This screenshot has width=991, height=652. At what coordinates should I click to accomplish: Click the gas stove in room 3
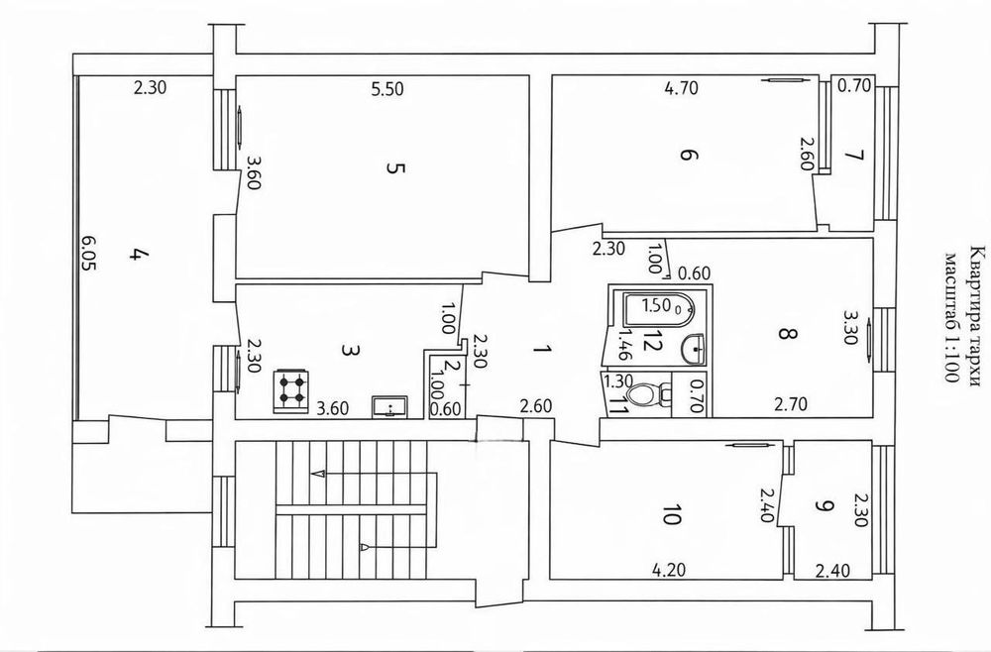pyautogui.click(x=291, y=391)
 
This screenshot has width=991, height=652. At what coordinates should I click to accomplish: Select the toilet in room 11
pyautogui.click(x=650, y=395)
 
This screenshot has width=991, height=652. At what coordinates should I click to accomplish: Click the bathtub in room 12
pyautogui.click(x=659, y=308)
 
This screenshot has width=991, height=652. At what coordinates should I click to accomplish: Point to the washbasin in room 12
pyautogui.click(x=695, y=348)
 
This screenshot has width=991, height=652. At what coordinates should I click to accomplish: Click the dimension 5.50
pyautogui.click(x=386, y=89)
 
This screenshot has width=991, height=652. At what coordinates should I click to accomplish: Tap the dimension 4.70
pyautogui.click(x=682, y=88)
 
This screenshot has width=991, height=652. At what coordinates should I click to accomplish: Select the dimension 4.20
pyautogui.click(x=669, y=571)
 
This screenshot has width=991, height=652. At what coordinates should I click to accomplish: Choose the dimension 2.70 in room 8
pyautogui.click(x=791, y=403)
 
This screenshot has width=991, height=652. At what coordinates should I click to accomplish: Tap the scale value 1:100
pyautogui.click(x=951, y=359)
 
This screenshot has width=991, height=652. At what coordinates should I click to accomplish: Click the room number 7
pyautogui.click(x=856, y=155)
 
